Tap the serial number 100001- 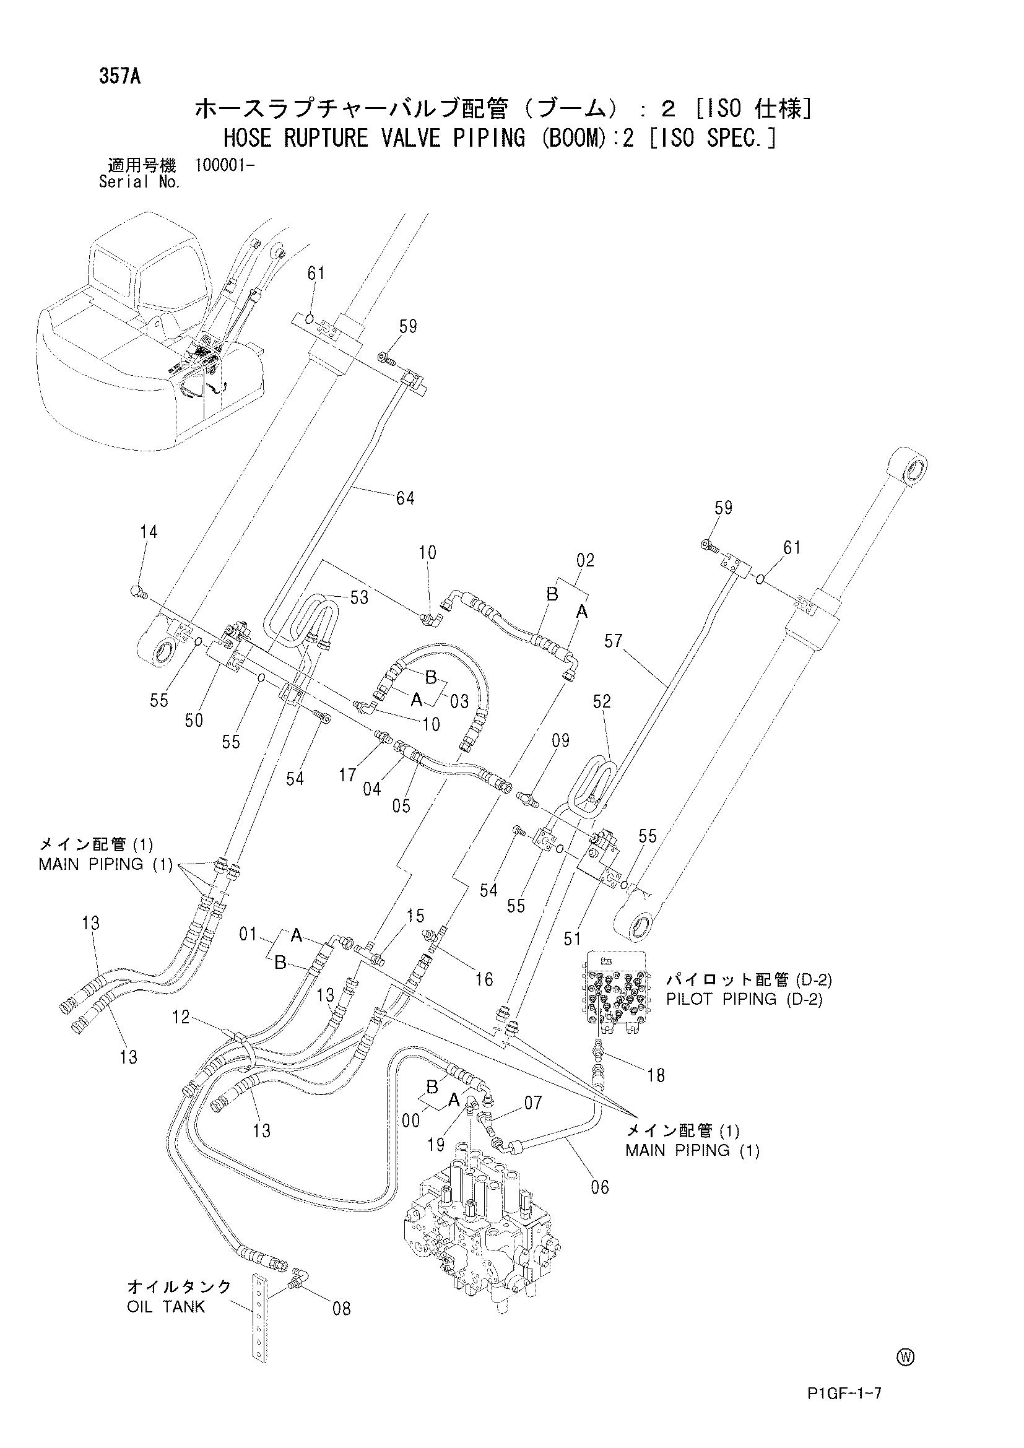[x=225, y=165]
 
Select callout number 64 [x=405, y=498]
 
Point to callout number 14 [x=149, y=532]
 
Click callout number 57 [x=614, y=642]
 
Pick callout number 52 [x=602, y=701]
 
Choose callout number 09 [x=560, y=740]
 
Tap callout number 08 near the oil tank [x=341, y=1309]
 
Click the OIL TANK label [x=166, y=1306]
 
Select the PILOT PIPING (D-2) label [x=745, y=999]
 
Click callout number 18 [x=656, y=1075]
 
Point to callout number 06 [x=601, y=1187]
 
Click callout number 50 [x=194, y=720]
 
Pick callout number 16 [x=484, y=979]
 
